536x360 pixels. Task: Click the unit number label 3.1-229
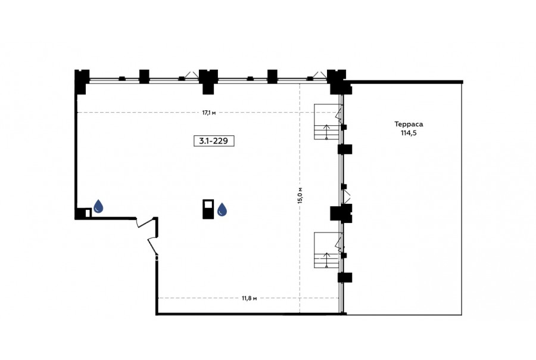click(214, 141)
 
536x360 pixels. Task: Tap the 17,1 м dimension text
click(209, 113)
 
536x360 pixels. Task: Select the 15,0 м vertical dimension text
click(300, 195)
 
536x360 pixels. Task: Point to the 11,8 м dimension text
click(249, 298)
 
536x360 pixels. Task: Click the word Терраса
click(409, 124)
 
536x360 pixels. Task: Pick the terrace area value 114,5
click(409, 133)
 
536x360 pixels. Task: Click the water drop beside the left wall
click(98, 206)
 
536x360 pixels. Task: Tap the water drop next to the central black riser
click(222, 209)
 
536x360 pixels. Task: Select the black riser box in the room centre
click(208, 209)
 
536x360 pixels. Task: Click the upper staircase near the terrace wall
click(328, 122)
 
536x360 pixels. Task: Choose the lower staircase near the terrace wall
click(328, 250)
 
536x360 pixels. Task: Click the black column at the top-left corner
click(82, 82)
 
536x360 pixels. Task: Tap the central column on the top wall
click(208, 82)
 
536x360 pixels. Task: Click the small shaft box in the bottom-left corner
click(83, 213)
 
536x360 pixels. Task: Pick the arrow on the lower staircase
click(326, 260)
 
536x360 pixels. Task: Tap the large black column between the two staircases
click(341, 213)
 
